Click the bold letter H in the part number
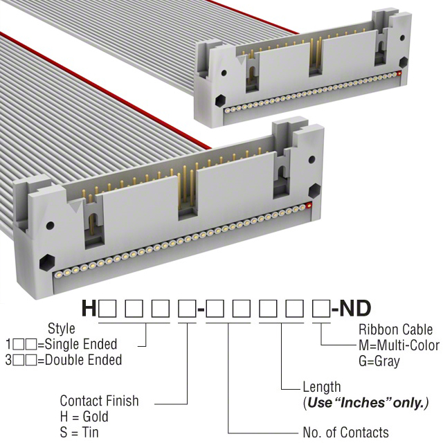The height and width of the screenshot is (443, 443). pyautogui.click(x=89, y=309)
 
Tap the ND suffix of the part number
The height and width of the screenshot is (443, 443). pyautogui.click(x=355, y=309)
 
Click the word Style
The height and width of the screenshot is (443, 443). pyautogui.click(x=62, y=329)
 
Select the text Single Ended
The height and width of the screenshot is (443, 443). pyautogui.click(x=81, y=344)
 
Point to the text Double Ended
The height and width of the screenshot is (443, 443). pyautogui.click(x=83, y=360)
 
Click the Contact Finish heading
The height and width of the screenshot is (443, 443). pyautogui.click(x=100, y=401)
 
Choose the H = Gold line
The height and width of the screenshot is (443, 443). pyautogui.click(x=84, y=417)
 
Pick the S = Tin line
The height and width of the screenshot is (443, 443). pyautogui.click(x=80, y=432)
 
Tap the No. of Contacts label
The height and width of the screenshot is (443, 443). pyautogui.click(x=346, y=432)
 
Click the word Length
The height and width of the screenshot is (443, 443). pyautogui.click(x=322, y=387)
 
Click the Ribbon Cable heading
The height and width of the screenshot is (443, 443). pyautogui.click(x=395, y=329)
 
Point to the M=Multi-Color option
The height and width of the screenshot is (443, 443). pyautogui.click(x=399, y=345)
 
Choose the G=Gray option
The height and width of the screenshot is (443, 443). pyautogui.click(x=379, y=361)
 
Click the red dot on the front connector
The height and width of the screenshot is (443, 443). pyautogui.click(x=309, y=206)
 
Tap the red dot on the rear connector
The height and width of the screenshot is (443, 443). pyautogui.click(x=399, y=74)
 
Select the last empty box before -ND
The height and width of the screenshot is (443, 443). pyautogui.click(x=321, y=309)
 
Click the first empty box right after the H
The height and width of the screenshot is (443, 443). pyautogui.click(x=107, y=309)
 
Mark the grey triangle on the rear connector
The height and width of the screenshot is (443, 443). pyautogui.click(x=242, y=60)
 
